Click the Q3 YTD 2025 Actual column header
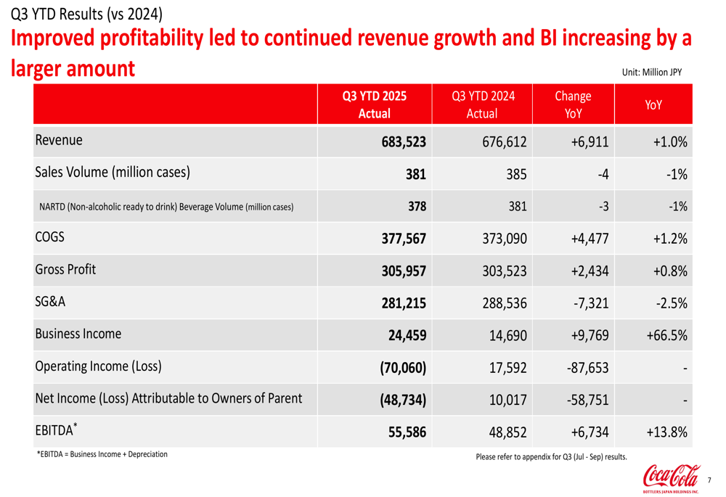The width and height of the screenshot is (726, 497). pos(375,104)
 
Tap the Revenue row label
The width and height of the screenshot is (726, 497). pos(59,141)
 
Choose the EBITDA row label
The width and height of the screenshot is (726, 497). pos(54,431)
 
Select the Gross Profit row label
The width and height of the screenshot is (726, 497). pos(65,270)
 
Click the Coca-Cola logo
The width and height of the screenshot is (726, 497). pos(670,480)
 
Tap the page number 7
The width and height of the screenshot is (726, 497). pos(709,480)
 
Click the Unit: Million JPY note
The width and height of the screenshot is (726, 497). pos(652,72)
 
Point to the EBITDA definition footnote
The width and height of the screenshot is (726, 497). pos(102,454)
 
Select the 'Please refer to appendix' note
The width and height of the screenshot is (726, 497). pos(551,457)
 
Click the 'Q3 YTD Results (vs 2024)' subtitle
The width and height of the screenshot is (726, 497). pos(82,13)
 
